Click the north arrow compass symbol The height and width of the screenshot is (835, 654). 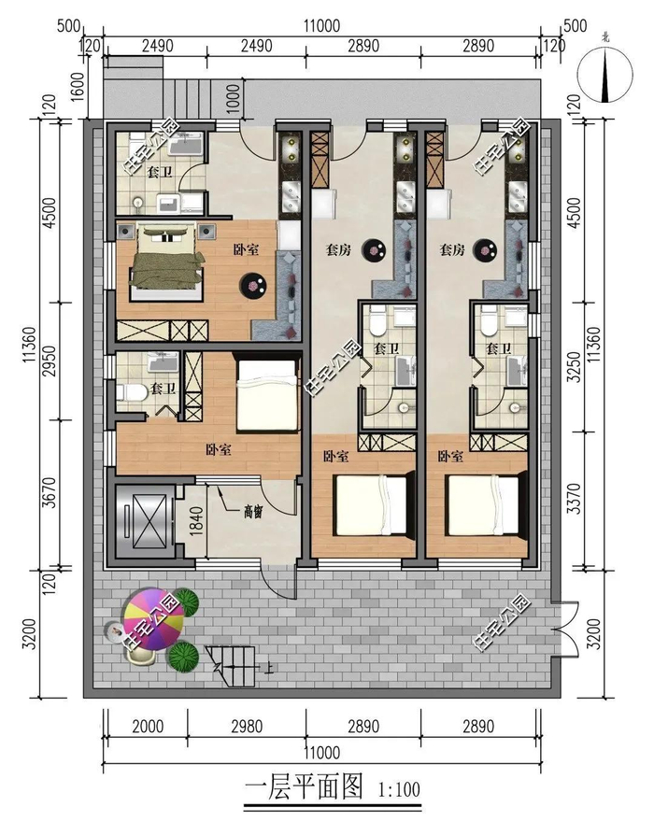point(605,75)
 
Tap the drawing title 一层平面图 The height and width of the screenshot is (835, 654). point(304,788)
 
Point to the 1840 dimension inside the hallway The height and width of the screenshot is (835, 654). point(195,522)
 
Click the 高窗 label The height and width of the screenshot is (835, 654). point(253,512)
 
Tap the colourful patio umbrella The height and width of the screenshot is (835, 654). point(152,618)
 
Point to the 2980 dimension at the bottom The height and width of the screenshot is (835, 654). point(247,727)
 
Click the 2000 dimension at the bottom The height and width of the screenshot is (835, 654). point(148,727)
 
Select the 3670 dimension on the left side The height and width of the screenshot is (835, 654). point(49,492)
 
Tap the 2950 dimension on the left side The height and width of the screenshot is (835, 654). point(49,361)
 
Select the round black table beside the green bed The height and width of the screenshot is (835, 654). point(253,285)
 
